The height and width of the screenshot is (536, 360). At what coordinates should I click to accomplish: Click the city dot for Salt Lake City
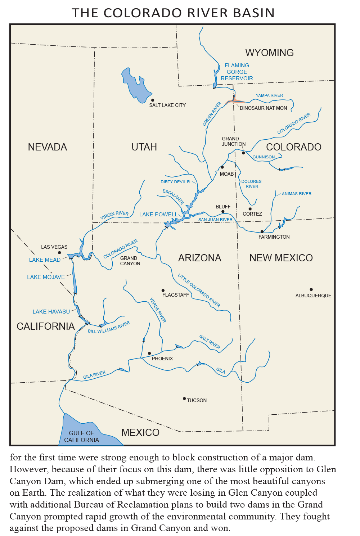(x=153, y=100)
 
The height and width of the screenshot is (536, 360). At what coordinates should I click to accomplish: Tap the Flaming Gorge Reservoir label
(x=237, y=72)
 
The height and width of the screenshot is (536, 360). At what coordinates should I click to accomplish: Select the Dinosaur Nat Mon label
(x=263, y=108)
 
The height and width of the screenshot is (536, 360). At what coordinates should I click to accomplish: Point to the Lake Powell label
(x=158, y=215)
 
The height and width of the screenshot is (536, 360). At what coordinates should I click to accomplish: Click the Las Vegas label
(x=54, y=247)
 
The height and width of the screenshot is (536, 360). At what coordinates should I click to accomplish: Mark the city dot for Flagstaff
(x=163, y=290)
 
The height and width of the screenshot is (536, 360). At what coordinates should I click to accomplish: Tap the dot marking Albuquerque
(x=311, y=289)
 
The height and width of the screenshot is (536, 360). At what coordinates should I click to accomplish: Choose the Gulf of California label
(x=81, y=436)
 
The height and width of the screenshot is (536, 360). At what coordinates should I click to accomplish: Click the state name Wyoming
(x=269, y=53)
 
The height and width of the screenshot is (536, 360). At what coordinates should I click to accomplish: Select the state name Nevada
(x=48, y=147)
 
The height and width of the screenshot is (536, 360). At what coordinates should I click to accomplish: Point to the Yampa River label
(x=269, y=95)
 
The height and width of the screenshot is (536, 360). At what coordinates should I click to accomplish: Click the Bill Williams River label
(x=109, y=327)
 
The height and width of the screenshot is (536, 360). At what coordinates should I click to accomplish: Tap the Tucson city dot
(x=184, y=398)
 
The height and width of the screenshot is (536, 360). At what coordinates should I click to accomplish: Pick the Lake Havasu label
(x=51, y=312)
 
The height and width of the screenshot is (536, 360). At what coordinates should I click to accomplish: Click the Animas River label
(x=296, y=194)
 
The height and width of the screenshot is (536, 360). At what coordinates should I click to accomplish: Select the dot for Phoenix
(x=149, y=353)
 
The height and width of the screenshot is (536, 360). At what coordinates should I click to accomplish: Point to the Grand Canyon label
(x=130, y=261)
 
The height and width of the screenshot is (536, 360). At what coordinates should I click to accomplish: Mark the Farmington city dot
(x=262, y=231)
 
